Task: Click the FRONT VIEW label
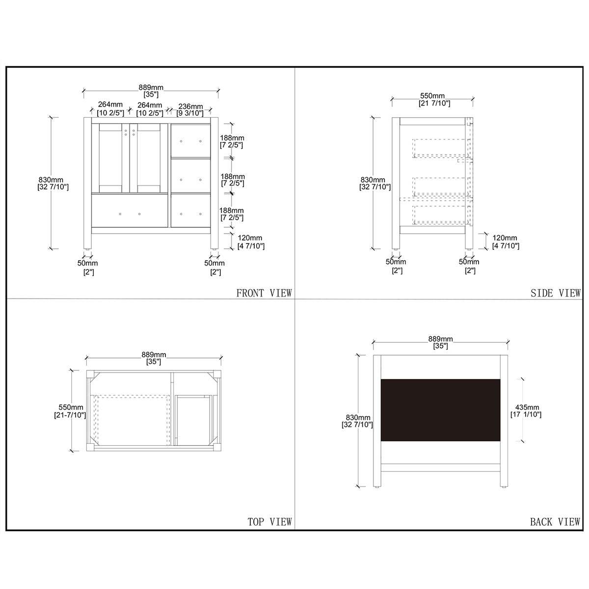[264, 293]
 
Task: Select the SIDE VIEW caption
[556, 293]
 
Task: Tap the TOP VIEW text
[269, 522]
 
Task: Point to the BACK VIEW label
[555, 522]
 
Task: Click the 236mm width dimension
[190, 107]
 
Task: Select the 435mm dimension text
[527, 407]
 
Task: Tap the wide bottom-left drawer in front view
[130, 211]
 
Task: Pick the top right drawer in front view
[190, 140]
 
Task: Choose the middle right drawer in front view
[190, 176]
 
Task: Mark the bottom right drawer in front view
[190, 211]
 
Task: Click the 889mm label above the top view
[154, 354]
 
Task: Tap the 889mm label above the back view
[440, 339]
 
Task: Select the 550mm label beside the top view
[71, 407]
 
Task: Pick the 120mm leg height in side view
[505, 238]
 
